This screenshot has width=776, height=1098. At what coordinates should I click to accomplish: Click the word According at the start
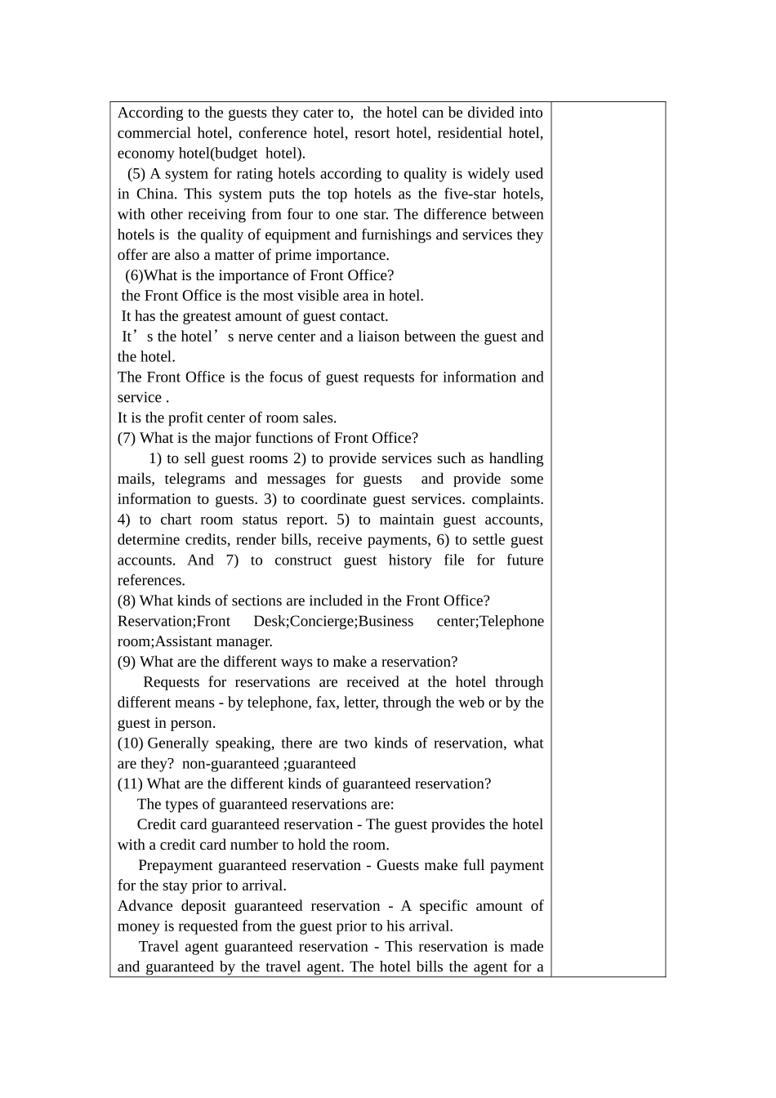pyautogui.click(x=148, y=113)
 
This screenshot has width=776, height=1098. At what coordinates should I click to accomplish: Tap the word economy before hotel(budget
pyautogui.click(x=145, y=154)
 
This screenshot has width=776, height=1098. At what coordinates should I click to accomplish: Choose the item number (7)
pyautogui.click(x=127, y=438)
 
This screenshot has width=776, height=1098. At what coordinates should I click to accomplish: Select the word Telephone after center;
pyautogui.click(x=511, y=621)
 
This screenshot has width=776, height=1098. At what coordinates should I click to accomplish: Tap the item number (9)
pyautogui.click(x=127, y=662)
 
